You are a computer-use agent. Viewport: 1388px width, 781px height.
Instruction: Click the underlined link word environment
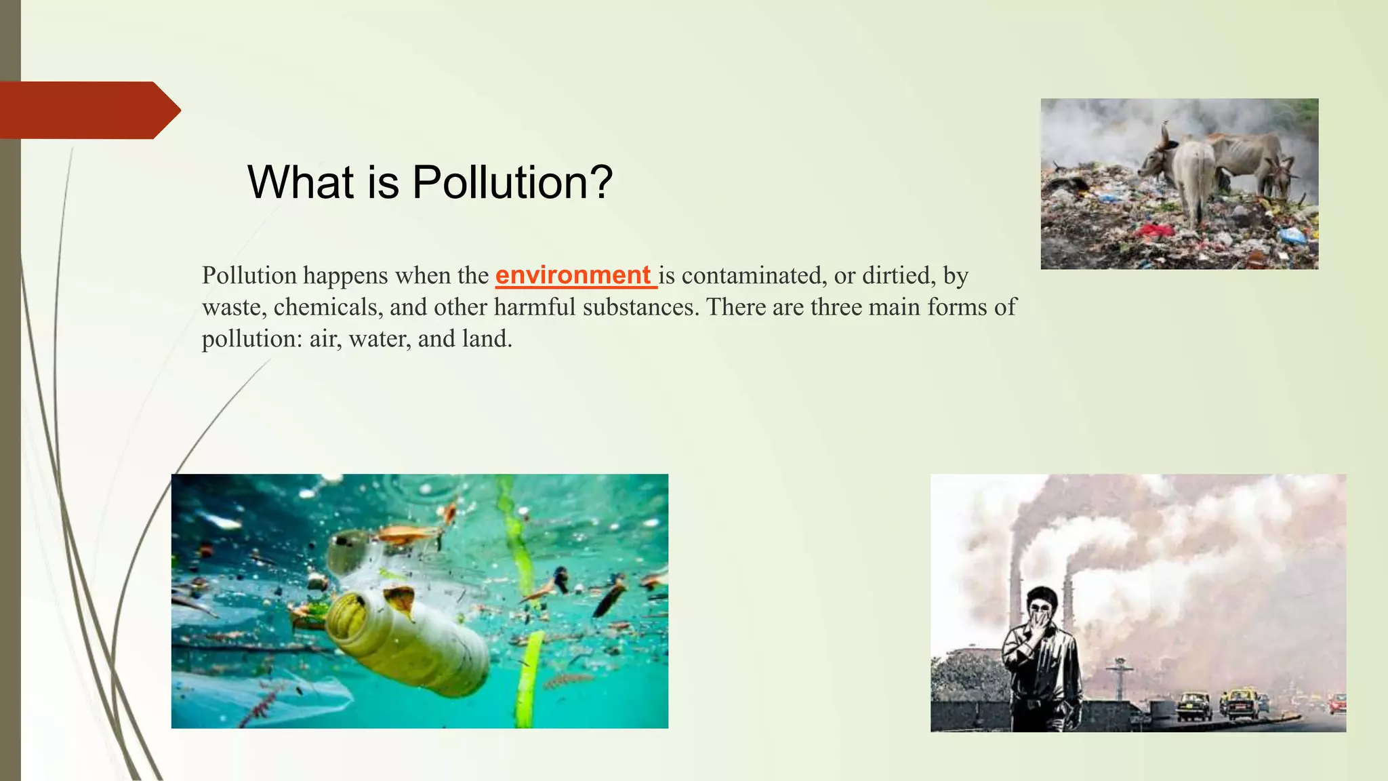pos(573,275)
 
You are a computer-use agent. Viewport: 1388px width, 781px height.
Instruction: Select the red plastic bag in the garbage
pos(1156,231)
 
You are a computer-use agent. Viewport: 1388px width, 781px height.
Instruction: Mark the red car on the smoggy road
pos(1336,703)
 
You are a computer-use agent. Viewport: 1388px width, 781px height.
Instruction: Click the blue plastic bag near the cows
pos(1292,235)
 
